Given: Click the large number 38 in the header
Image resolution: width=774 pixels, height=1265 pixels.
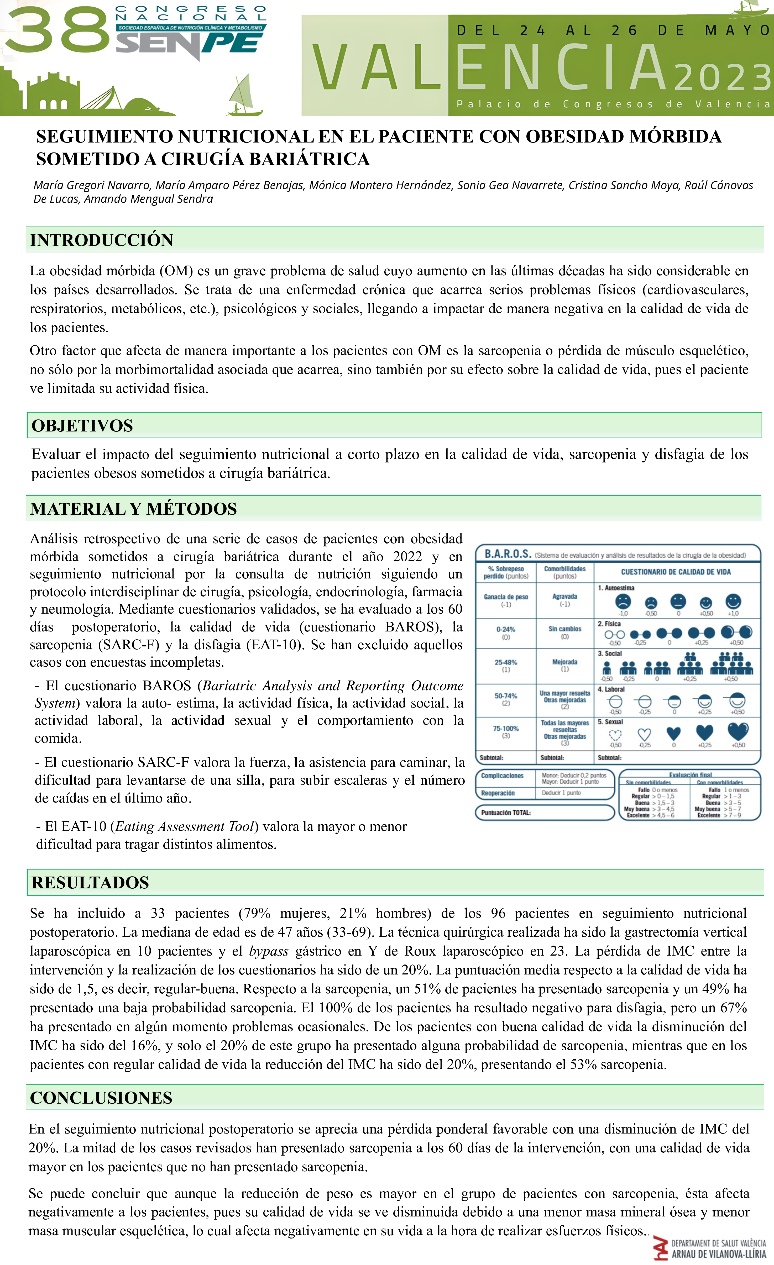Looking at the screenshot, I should pyautogui.click(x=56, y=31).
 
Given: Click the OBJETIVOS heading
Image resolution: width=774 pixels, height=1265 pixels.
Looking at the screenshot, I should pyautogui.click(x=82, y=426).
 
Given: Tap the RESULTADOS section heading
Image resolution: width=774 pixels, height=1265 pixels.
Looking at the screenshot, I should pyautogui.click(x=90, y=883).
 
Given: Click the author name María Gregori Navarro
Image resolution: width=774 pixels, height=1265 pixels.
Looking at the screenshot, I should pyautogui.click(x=92, y=185).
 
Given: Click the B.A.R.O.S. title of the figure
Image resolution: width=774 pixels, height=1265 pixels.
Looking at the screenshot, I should pyautogui.click(x=508, y=554).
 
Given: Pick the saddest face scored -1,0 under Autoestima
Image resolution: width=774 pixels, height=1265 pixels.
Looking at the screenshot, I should pyautogui.click(x=623, y=601).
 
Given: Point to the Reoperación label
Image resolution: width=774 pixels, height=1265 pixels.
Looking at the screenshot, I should pyautogui.click(x=498, y=793).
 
